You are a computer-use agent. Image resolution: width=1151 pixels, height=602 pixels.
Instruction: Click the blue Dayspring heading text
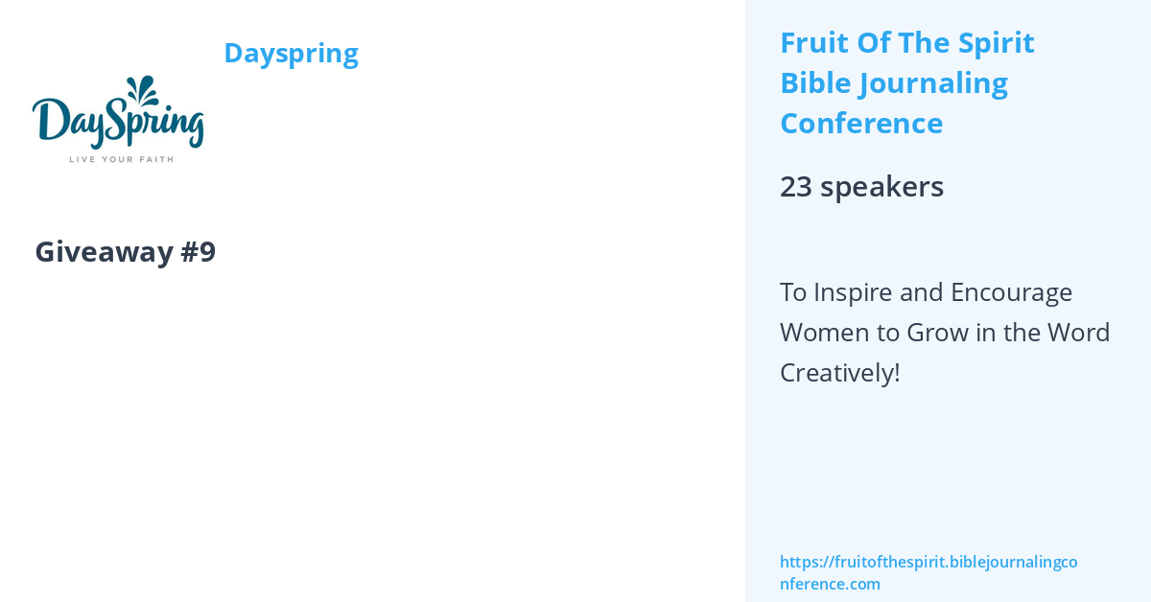click(291, 53)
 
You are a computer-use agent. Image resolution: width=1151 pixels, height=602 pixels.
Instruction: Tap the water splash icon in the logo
click(145, 91)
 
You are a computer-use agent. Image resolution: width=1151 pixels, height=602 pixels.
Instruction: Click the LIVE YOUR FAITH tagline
click(121, 158)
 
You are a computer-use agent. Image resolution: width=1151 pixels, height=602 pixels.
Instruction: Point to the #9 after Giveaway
click(198, 251)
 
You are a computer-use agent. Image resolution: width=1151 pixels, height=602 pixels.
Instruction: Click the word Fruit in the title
click(810, 43)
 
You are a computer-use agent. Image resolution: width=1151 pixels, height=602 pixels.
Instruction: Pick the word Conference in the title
click(861, 124)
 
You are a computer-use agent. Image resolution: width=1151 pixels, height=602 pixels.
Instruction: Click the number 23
click(796, 186)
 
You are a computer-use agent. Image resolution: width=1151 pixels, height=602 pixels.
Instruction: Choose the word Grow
click(928, 333)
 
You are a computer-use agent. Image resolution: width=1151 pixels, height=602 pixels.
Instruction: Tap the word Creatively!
click(839, 373)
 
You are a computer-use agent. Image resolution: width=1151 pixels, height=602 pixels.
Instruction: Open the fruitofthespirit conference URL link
click(928, 572)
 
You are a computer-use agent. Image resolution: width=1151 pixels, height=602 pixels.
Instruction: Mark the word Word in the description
click(1078, 333)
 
